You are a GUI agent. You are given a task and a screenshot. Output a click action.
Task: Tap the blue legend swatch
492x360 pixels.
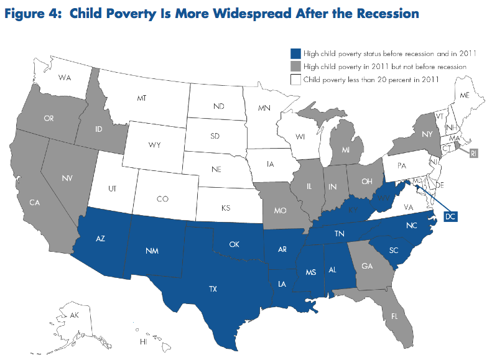(295, 53)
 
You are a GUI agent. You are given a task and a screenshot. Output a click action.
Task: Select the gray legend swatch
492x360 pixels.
(295, 66)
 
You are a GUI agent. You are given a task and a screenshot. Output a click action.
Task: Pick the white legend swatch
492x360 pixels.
(295, 79)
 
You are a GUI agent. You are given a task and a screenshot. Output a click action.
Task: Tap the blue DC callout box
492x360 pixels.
(451, 216)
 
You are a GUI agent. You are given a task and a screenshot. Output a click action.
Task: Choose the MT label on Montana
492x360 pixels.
(141, 99)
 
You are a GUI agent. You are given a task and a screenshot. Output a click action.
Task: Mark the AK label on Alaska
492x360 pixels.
(74, 316)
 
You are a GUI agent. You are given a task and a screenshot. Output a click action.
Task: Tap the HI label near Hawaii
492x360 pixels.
(143, 342)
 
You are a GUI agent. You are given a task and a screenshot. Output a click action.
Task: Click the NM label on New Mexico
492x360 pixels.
(151, 252)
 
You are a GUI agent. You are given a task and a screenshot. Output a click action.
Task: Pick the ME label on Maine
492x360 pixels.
(463, 95)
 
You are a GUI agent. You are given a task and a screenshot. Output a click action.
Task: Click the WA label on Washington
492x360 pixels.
(64, 78)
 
